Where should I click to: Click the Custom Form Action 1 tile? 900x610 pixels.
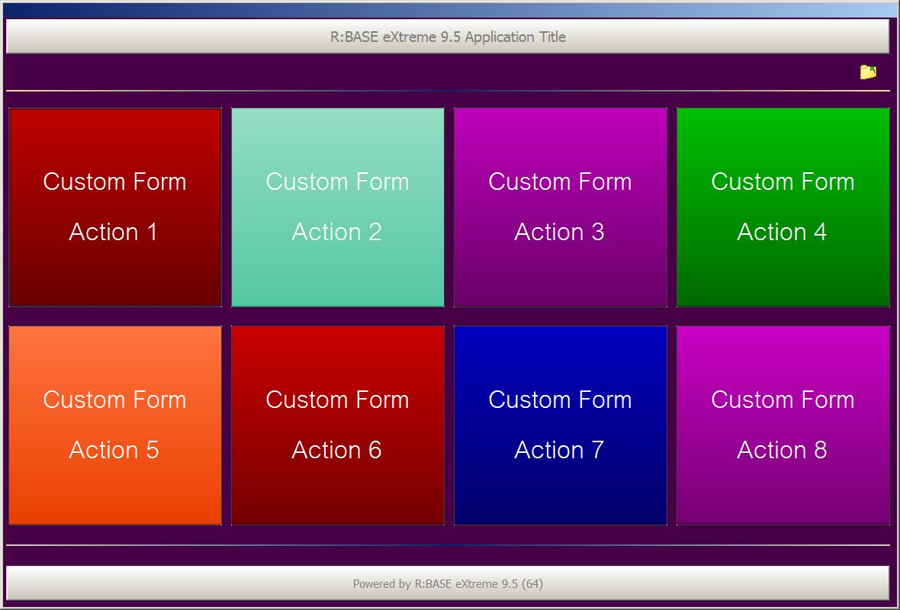pos(115,207)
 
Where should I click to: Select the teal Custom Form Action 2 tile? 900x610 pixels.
pos(337,207)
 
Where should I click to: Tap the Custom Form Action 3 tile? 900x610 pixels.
pos(560,207)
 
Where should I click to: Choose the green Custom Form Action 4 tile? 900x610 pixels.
pos(783,207)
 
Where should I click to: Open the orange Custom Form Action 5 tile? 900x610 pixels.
pos(115,425)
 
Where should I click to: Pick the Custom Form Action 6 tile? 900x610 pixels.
pos(337,425)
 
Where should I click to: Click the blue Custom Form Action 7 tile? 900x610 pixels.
pos(560,425)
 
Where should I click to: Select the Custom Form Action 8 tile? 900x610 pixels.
pos(783,425)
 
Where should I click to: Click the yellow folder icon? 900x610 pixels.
pos(868,72)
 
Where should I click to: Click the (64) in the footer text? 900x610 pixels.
pos(532,584)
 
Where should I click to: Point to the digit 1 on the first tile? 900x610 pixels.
pos(152,232)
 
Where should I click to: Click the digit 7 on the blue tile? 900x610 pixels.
pos(597,450)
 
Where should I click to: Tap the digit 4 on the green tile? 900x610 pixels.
pos(820,232)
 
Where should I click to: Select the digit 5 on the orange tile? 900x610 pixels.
pos(152,450)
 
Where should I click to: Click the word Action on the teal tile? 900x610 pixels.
pos(326,232)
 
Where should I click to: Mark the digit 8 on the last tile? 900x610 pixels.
pos(820,450)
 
